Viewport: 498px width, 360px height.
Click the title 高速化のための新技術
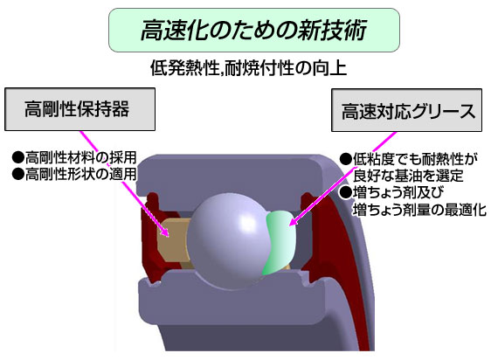pos(254,31)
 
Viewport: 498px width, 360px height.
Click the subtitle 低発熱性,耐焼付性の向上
pos(248,67)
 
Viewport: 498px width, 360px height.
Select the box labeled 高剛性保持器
pos(80,109)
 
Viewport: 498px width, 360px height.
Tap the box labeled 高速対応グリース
pos(406,110)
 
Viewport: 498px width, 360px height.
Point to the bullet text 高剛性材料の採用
pos(80,157)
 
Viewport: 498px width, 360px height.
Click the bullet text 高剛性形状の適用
pos(80,174)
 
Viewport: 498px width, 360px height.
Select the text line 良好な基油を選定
pos(408,176)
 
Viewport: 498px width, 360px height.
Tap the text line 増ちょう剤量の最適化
pos(419,210)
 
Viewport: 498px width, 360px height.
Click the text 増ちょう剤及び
pos(398,192)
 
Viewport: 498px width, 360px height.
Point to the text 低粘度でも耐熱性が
pos(415,159)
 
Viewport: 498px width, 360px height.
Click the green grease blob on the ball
pos(280,241)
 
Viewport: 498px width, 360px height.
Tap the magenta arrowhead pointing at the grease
pos(294,221)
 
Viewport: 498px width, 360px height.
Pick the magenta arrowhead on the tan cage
pos(164,232)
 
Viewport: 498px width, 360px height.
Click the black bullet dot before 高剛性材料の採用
pos(18,157)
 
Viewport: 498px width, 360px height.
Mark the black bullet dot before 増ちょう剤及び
pos(346,192)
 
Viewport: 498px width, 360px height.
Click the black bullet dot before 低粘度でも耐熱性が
pos(346,159)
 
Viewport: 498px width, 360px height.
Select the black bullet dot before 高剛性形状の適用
pos(18,174)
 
